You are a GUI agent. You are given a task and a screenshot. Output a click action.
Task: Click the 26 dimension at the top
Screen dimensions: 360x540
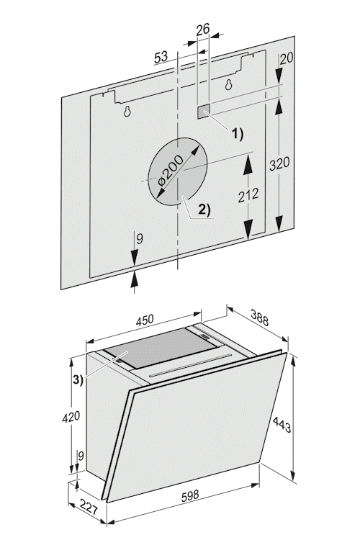pos(203,30)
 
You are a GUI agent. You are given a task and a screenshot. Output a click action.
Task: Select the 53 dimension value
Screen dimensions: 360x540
pos(161,57)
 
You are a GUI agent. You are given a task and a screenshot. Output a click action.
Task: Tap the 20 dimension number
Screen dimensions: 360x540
pos(286,58)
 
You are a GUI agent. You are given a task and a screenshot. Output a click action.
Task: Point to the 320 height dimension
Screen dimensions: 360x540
pos(279,163)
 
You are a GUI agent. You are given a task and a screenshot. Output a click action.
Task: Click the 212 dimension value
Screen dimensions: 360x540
pos(248,195)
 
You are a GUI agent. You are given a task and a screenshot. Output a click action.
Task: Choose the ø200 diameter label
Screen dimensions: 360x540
pos(170,171)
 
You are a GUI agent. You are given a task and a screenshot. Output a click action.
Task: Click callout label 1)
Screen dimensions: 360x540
pos(237,134)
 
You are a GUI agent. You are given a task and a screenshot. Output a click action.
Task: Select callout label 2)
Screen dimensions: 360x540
pos(204,209)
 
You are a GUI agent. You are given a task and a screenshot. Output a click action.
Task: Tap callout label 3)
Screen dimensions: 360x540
pos(78,380)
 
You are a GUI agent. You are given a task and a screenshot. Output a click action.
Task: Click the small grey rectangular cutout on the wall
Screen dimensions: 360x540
pos(204,112)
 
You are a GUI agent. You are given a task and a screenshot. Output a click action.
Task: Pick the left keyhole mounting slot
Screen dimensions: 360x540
pos(128,111)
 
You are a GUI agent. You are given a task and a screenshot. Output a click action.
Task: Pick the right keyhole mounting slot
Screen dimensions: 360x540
pos(228,84)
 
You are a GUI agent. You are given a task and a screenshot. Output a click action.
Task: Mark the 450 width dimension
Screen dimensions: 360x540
pos(144,320)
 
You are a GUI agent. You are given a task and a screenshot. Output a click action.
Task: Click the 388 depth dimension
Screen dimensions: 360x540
pos(259,318)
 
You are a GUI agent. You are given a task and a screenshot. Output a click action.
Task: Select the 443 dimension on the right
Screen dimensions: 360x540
pos(282,425)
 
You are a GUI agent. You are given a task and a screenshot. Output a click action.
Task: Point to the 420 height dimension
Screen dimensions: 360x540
pos(71,417)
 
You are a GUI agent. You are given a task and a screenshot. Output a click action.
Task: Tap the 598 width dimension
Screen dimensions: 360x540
pos(190,495)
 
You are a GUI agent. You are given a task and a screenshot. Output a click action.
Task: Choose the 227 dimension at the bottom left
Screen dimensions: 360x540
pos(89,507)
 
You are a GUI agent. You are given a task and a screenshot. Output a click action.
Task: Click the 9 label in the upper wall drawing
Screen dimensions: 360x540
pos(139,238)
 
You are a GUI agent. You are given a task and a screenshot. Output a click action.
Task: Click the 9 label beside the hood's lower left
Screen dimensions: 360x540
pos(81,456)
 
